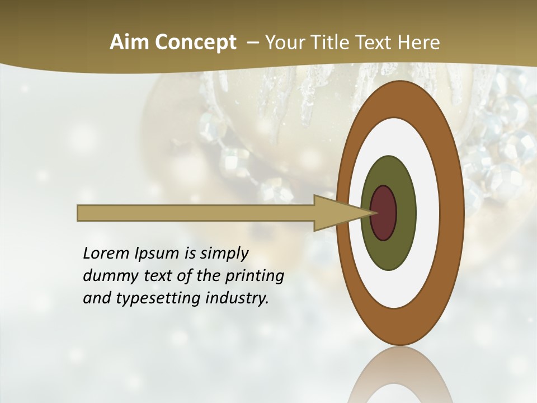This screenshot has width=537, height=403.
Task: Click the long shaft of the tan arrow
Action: [196, 213]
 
